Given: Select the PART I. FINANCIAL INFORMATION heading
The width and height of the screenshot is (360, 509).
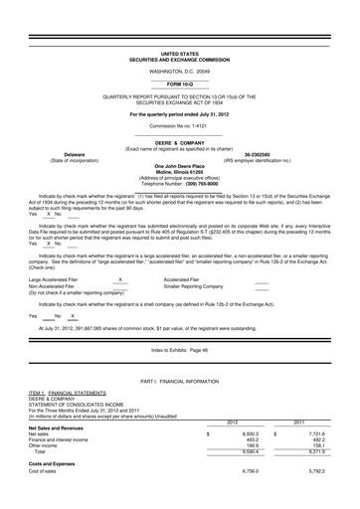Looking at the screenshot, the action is tap(180, 381).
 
